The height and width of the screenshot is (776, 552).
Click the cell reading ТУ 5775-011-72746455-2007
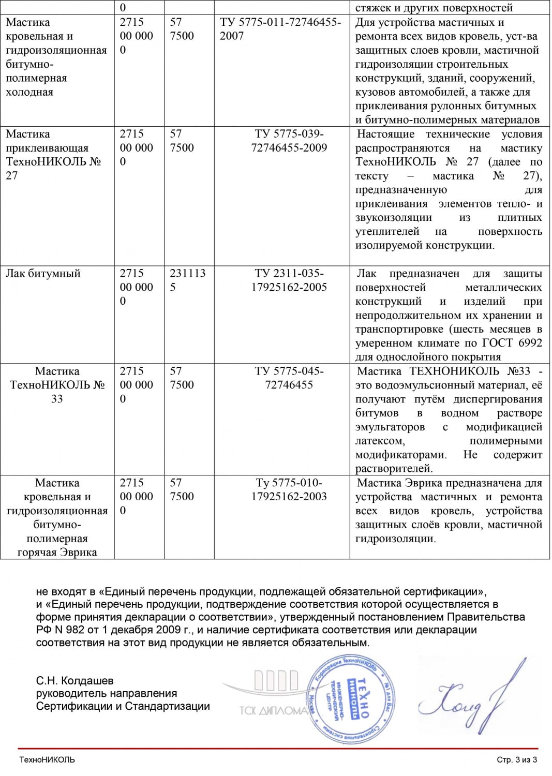tap(280, 29)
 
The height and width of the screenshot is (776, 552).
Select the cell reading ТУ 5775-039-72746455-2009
tap(289, 141)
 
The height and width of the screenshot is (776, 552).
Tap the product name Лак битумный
tap(43, 273)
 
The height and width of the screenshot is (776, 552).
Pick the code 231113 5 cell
tap(187, 280)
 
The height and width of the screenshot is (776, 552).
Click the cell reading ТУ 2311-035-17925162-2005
tap(289, 280)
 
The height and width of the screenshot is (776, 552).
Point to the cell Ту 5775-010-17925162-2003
tap(289, 489)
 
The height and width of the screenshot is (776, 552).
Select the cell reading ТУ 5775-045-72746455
tap(289, 378)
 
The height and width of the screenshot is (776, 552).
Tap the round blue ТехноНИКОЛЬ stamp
tap(351, 699)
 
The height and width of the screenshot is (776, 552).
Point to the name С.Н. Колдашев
tap(74, 681)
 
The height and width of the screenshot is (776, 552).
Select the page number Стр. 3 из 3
tap(516, 759)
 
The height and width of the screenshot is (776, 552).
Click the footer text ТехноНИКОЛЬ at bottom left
tap(47, 759)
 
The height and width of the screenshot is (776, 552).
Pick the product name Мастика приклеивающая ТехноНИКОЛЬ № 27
tap(52, 155)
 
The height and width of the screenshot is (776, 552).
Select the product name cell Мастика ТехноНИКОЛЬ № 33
tap(57, 385)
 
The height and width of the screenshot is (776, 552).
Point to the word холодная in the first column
tap(29, 92)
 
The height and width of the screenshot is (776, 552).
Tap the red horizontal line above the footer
tap(278, 748)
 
